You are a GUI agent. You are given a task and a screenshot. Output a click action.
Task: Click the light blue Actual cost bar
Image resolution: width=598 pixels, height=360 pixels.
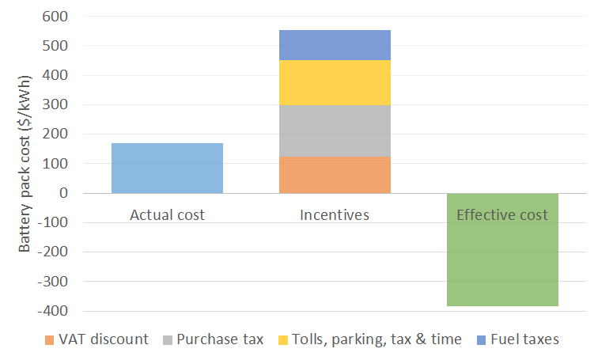(167, 168)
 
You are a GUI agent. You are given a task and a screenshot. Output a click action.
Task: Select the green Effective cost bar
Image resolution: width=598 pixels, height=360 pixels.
(502, 261)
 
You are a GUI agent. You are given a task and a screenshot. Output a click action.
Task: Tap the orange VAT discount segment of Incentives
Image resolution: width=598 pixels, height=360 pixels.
(335, 175)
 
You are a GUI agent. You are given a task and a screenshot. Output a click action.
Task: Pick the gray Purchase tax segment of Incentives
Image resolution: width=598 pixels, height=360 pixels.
(335, 131)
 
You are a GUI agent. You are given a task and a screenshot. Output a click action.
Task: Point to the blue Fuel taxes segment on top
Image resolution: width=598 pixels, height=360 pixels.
(335, 45)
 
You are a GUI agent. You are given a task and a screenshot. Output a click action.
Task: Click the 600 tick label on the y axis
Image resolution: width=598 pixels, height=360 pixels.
(56, 17)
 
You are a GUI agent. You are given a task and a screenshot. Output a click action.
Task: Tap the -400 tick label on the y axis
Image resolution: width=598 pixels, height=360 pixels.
(54, 311)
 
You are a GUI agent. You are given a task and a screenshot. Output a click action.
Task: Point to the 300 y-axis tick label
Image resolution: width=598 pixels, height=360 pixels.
(56, 105)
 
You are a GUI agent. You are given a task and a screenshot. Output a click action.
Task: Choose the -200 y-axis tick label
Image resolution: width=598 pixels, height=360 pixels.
(54, 252)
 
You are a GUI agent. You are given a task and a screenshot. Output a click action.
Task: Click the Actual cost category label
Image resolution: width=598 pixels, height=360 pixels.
(167, 214)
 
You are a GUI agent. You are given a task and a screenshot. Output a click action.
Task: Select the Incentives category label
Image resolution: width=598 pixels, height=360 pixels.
(335, 214)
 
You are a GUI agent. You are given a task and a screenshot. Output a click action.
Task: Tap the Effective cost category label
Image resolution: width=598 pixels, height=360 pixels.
(502, 214)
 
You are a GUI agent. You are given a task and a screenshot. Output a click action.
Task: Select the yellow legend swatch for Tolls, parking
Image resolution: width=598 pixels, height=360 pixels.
(282, 340)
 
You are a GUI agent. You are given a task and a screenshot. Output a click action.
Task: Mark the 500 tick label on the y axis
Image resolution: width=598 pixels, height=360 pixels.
(56, 46)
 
